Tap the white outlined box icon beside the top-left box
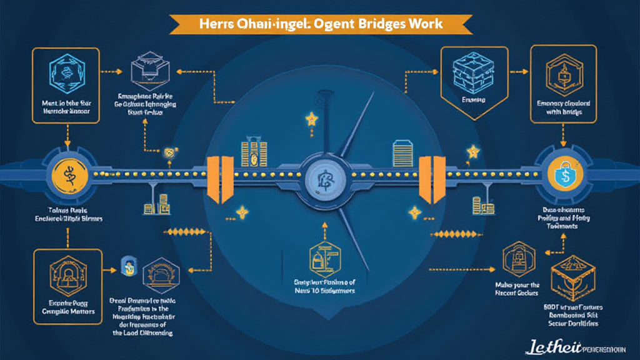click(147, 71)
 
